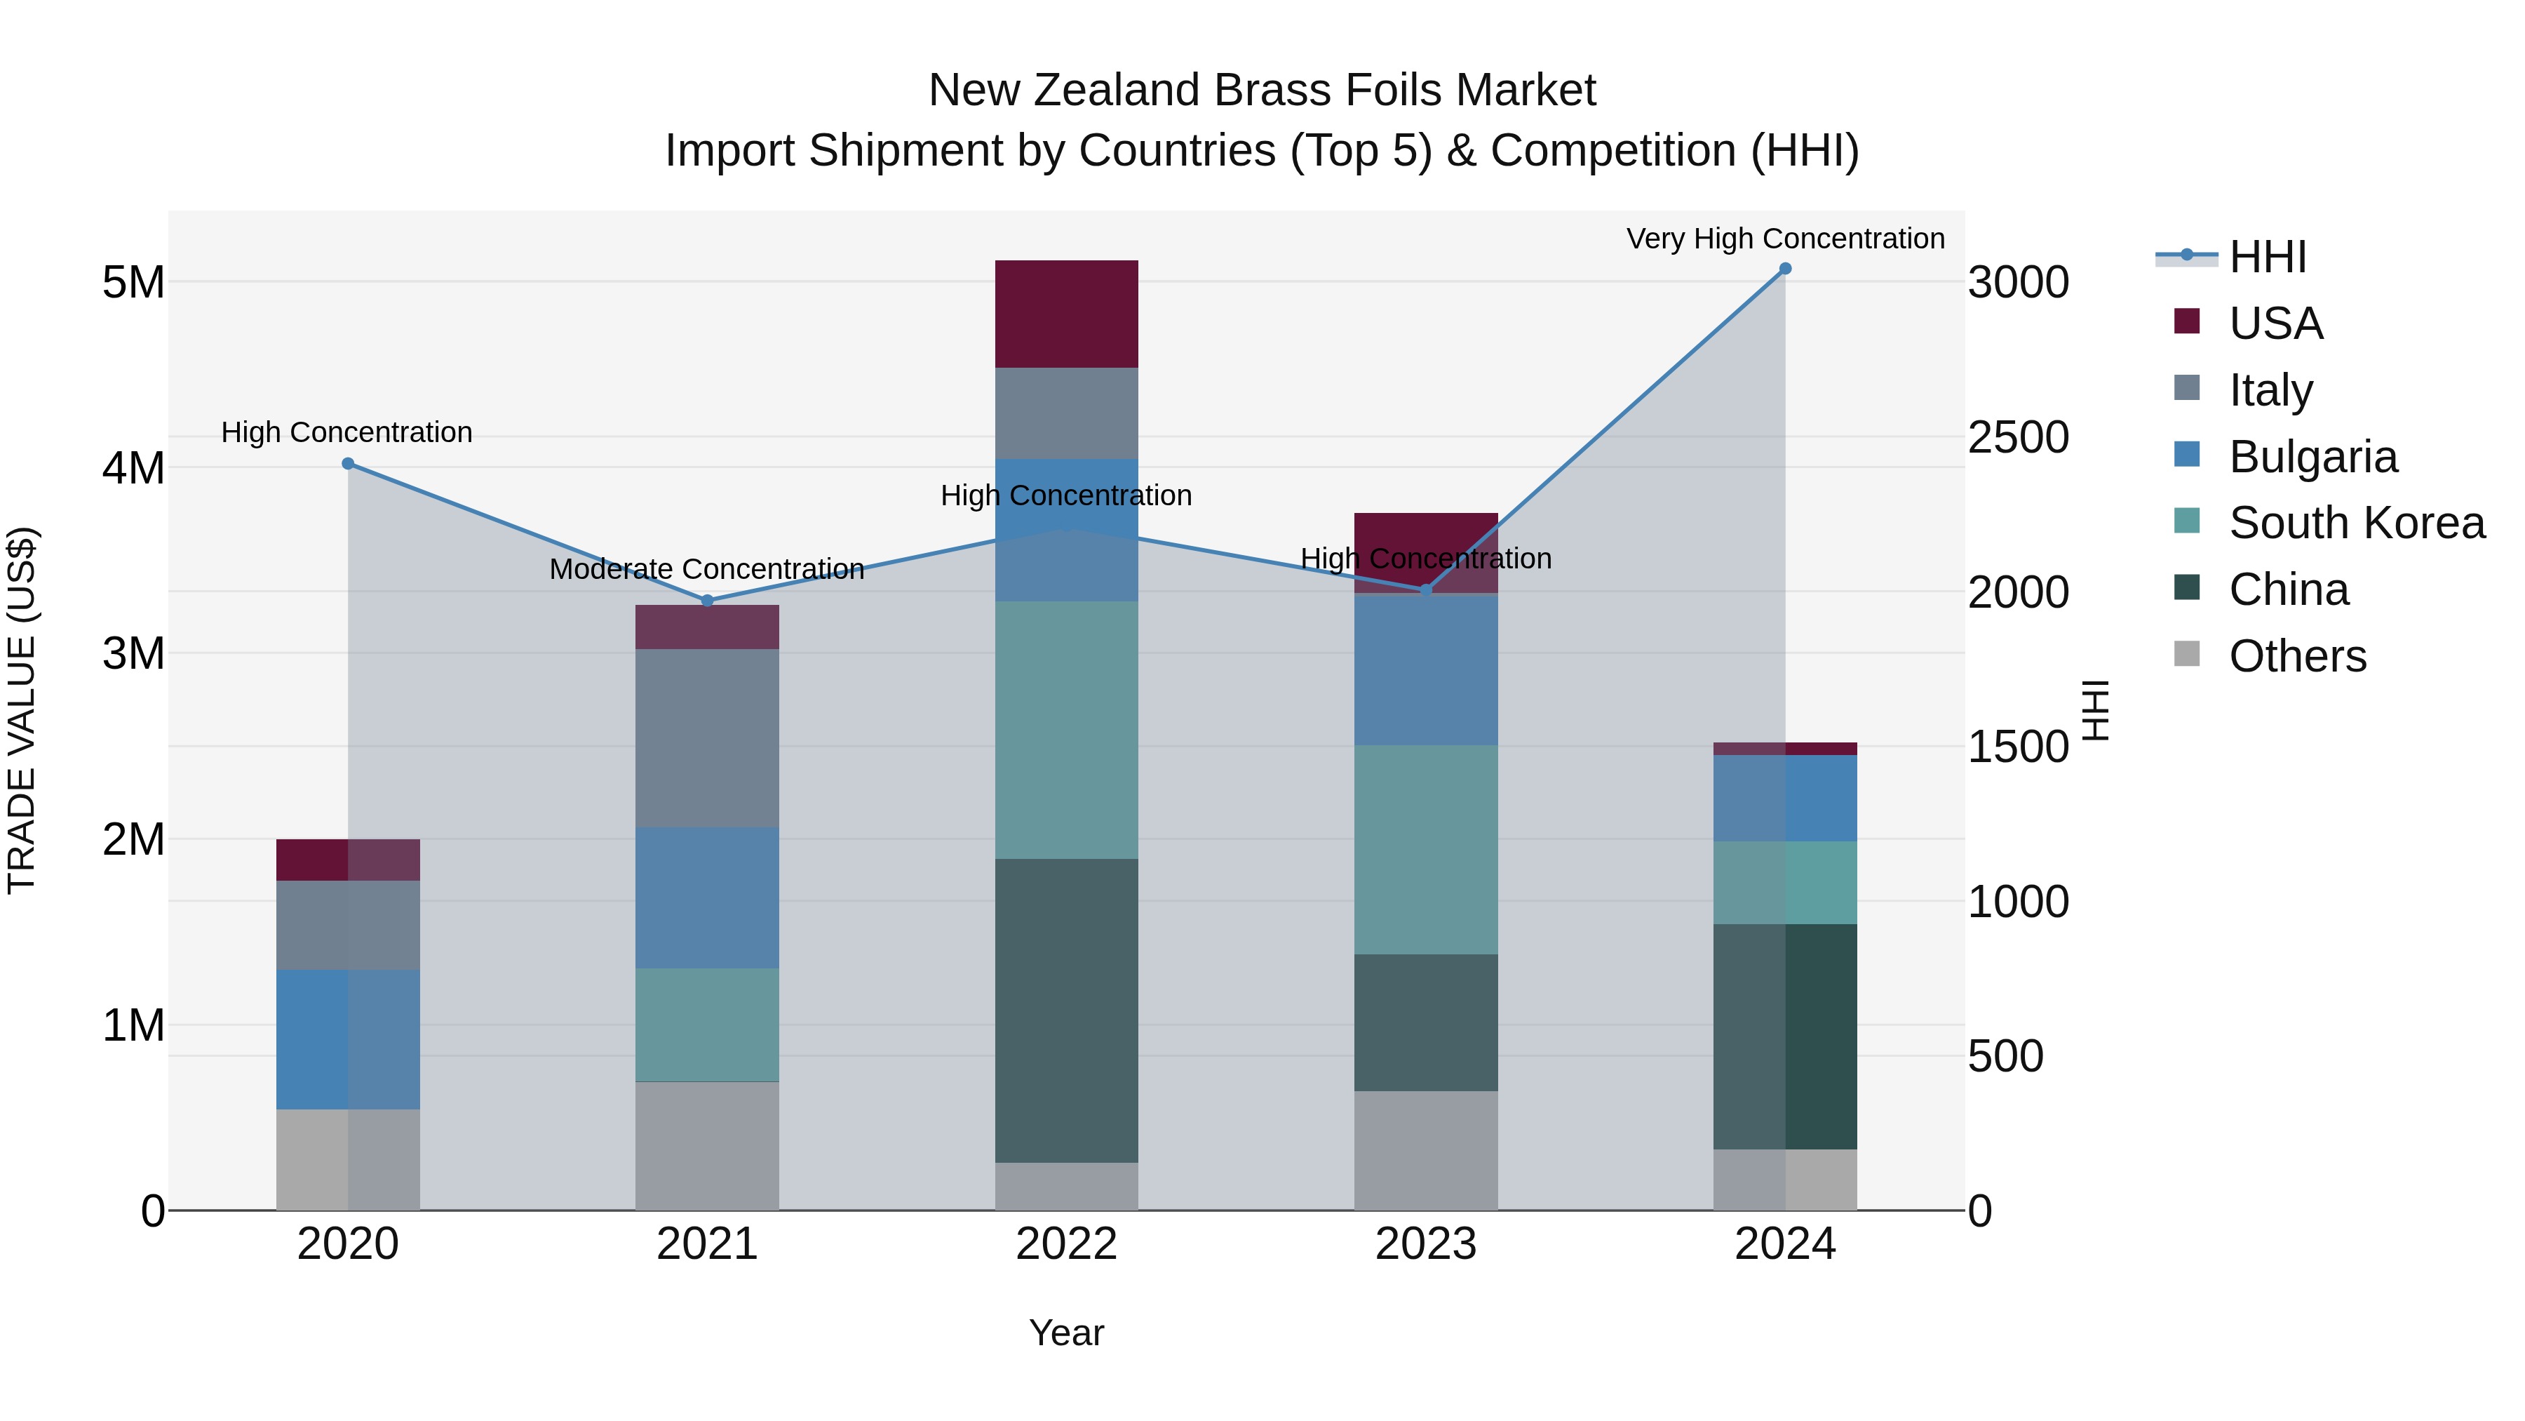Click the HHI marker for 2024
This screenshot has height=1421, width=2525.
coord(1785,269)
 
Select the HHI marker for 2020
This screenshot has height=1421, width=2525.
coord(348,464)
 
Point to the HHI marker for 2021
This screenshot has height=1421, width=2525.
coord(708,600)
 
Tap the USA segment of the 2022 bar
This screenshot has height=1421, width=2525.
coord(1066,314)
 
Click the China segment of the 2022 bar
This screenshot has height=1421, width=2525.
coord(1066,1010)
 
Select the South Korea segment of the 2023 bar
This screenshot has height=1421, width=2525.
coord(1426,849)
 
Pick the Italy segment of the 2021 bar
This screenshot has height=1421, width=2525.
coord(708,738)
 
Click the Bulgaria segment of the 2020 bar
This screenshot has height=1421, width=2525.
coord(348,1039)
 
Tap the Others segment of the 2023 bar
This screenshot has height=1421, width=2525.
coord(1426,1150)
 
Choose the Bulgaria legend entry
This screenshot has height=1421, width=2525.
coord(2312,457)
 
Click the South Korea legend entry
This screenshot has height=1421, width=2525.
coord(2357,523)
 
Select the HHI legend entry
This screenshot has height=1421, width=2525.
coord(2267,257)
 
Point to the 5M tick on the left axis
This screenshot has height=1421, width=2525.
coord(133,282)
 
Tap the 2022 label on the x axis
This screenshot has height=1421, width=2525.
coord(1066,1244)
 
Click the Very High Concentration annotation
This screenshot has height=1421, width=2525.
coord(1785,239)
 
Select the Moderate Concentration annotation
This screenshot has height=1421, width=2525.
coord(707,569)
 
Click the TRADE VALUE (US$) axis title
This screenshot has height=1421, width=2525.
coord(22,710)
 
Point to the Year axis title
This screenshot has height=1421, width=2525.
coord(1066,1333)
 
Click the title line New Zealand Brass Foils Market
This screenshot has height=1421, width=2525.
coord(1262,91)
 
